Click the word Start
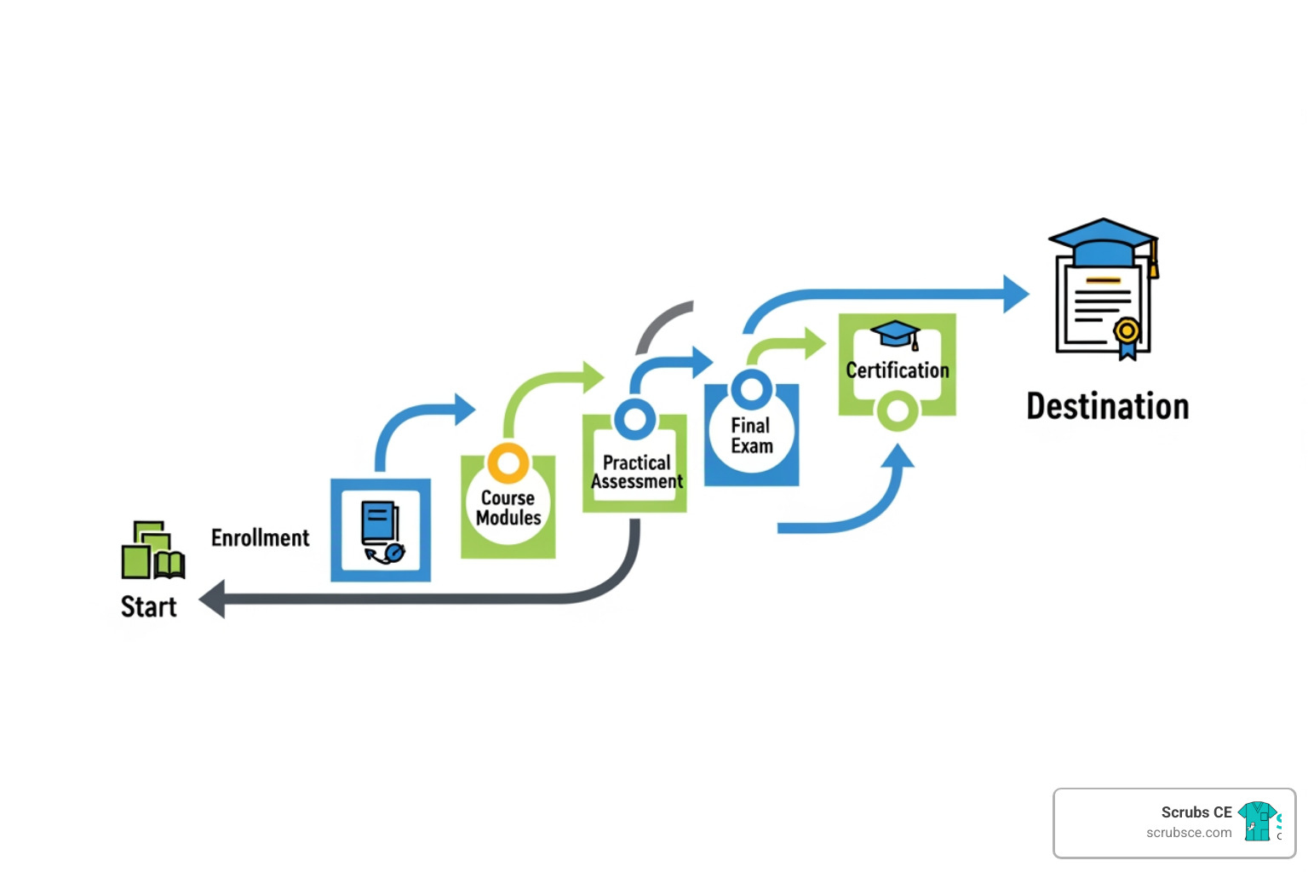(148, 606)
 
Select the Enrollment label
(260, 538)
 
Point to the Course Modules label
(508, 508)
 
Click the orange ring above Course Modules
(508, 463)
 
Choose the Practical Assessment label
(637, 472)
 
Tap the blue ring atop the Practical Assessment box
(634, 419)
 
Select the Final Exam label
(751, 435)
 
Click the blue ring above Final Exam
(751, 390)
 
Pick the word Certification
(897, 370)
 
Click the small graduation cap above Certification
(895, 334)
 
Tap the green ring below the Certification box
(897, 411)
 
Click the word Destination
(1107, 406)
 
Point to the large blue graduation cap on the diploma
(1104, 242)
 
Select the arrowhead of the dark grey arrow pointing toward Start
(212, 599)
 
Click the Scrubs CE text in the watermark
(1196, 812)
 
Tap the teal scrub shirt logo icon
(1258, 821)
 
